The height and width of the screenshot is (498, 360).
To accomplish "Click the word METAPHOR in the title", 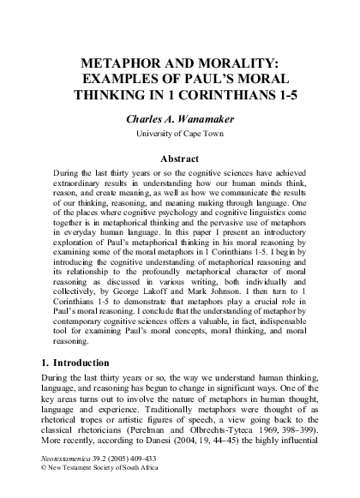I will point(119,63).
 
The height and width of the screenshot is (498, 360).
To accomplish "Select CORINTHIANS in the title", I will point(225,94).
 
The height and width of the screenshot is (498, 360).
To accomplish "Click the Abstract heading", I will point(179,158).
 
